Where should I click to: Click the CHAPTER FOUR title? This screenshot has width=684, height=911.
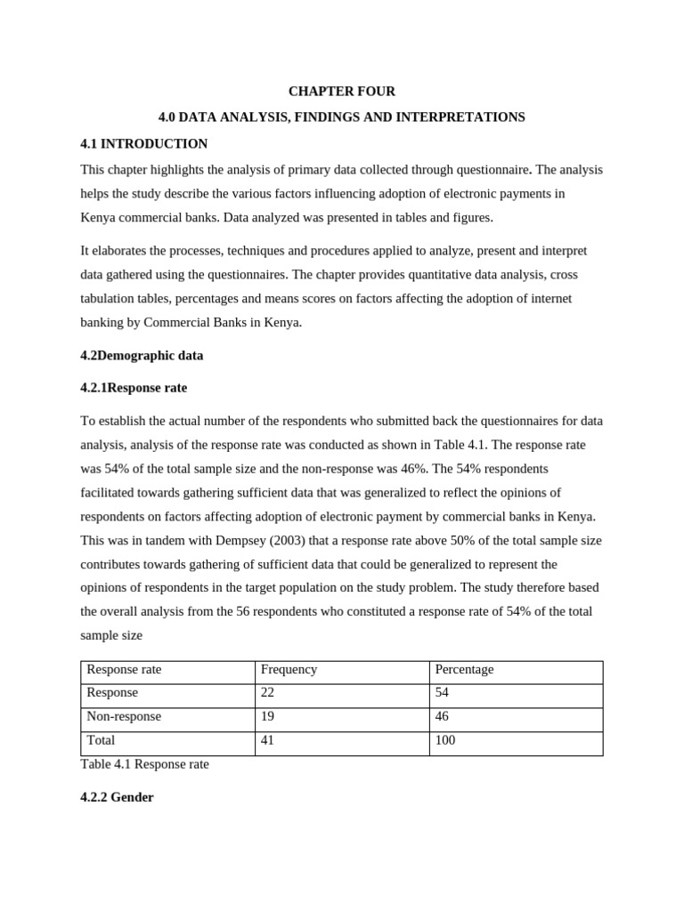[x=341, y=92]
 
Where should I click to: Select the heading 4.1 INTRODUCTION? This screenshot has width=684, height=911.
[x=143, y=144]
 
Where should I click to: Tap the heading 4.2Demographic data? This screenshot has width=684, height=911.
[x=142, y=356]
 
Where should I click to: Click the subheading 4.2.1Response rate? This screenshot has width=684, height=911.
[x=134, y=388]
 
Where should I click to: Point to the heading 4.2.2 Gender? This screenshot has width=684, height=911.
[x=117, y=798]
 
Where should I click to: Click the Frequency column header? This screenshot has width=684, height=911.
[x=289, y=670]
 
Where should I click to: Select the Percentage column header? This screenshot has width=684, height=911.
[x=464, y=670]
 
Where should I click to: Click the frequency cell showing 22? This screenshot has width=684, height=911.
[x=268, y=693]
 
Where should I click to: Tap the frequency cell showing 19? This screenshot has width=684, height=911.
[x=268, y=716]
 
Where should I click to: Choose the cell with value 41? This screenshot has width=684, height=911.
[x=268, y=740]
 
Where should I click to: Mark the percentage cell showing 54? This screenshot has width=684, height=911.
[x=443, y=693]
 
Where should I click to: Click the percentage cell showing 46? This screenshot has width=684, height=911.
[x=443, y=716]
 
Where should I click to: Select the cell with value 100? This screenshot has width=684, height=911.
[x=445, y=740]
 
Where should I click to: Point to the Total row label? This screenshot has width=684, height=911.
[x=101, y=740]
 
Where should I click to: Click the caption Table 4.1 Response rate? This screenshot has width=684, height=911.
[x=144, y=764]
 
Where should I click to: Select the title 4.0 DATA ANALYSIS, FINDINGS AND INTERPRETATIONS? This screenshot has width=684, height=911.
[x=341, y=117]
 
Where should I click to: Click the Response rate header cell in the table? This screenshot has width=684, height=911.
[x=124, y=670]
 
